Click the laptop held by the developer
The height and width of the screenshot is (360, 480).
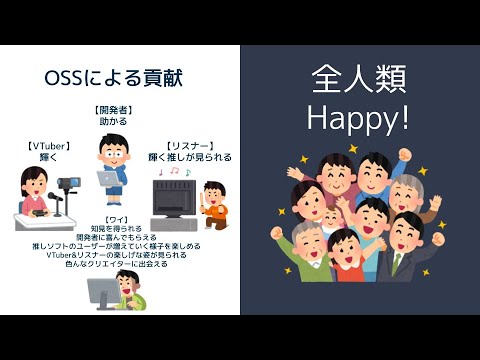pyautogui.click(x=106, y=177)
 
